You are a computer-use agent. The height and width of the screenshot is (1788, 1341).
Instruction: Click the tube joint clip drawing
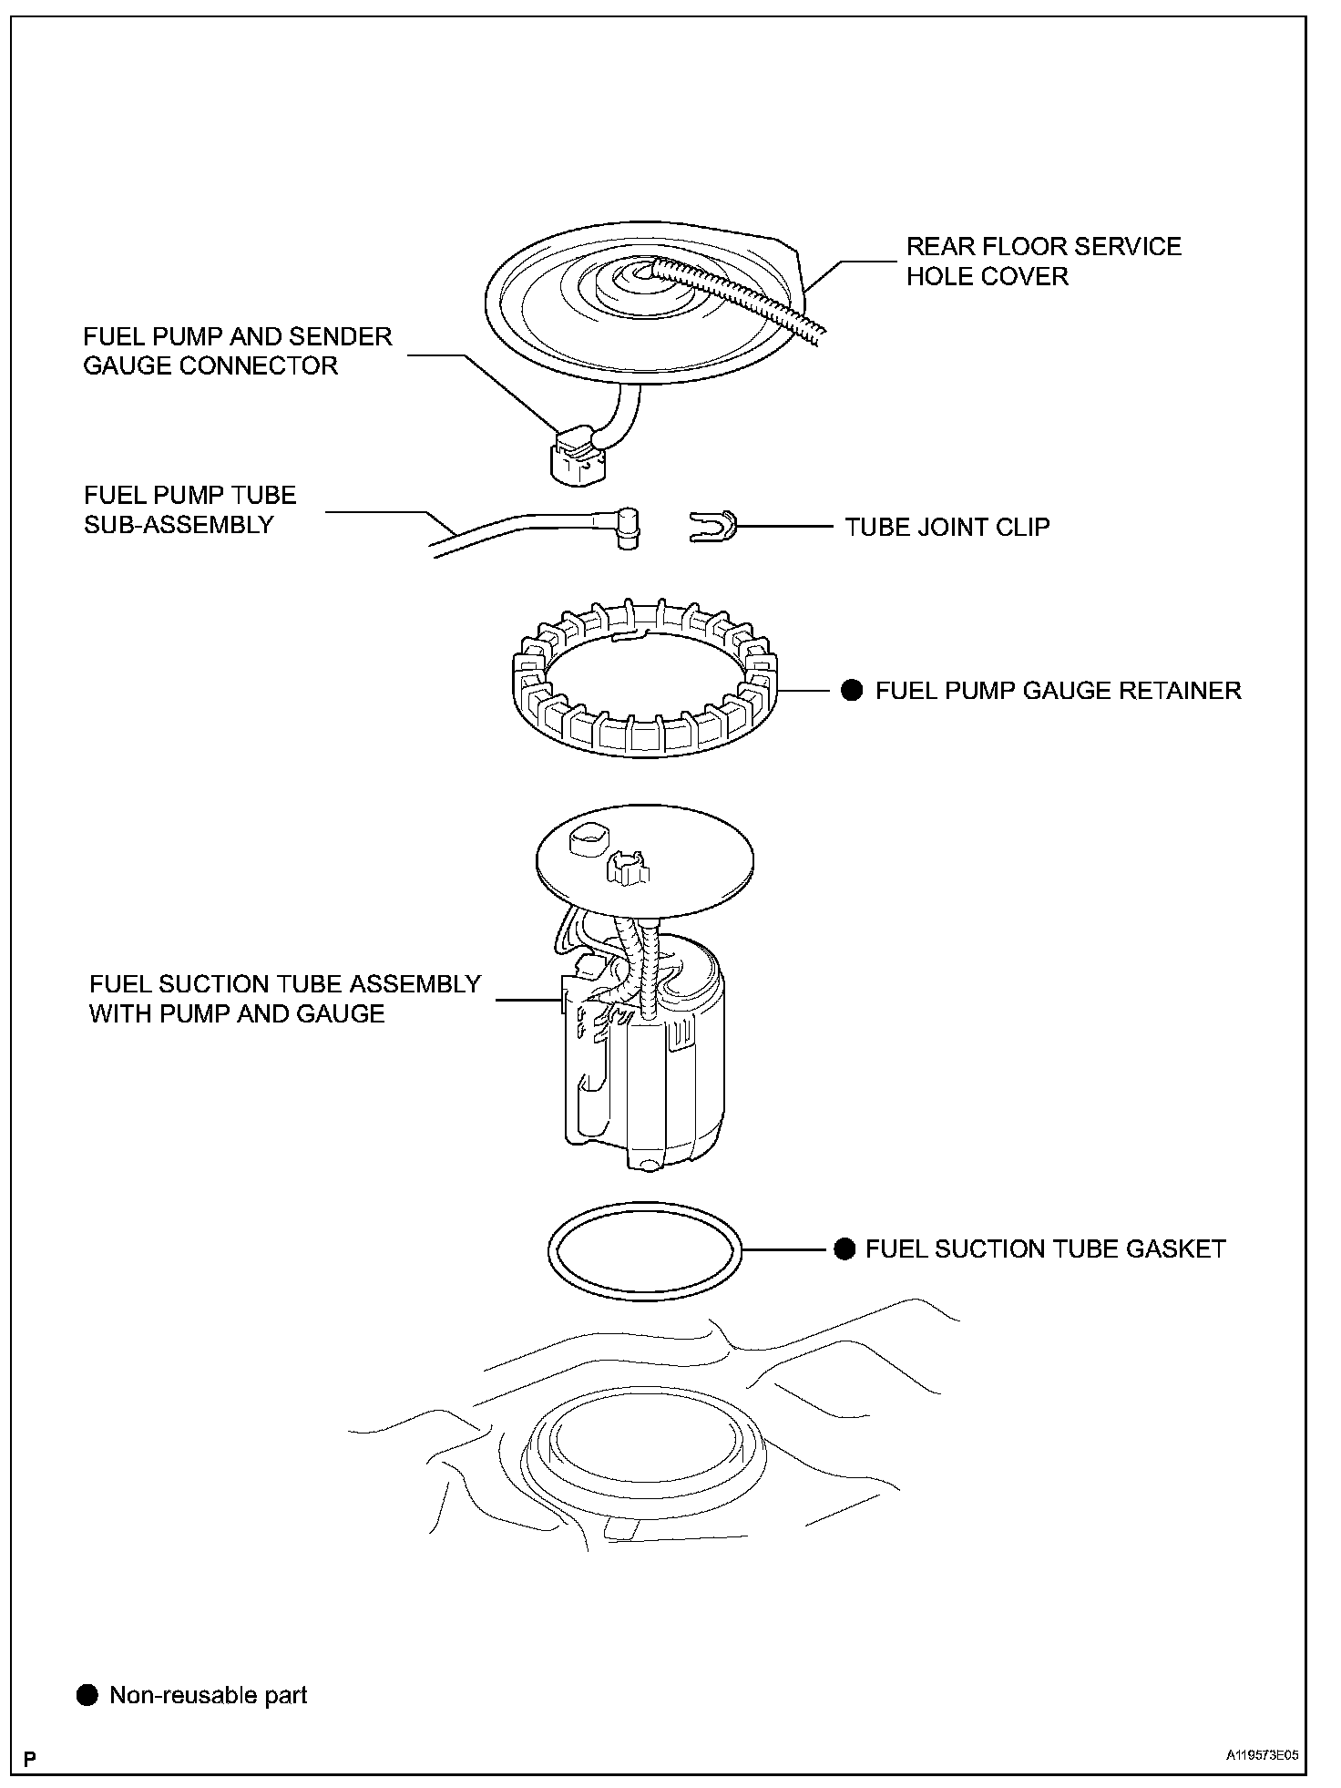(x=712, y=527)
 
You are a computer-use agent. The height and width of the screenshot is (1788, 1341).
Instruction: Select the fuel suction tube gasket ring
(x=646, y=1212)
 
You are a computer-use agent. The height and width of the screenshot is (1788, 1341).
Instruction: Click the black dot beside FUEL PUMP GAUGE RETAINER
(x=852, y=690)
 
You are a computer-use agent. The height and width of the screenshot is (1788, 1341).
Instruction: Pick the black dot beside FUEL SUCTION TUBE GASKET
(x=845, y=1249)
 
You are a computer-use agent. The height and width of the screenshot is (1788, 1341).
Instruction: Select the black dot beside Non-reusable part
(x=87, y=1695)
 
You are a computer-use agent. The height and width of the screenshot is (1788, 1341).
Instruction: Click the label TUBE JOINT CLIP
(x=947, y=528)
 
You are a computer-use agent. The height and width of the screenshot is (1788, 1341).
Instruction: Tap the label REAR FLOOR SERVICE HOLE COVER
(x=1043, y=262)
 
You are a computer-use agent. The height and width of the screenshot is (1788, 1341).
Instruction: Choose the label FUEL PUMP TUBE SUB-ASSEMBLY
(x=189, y=510)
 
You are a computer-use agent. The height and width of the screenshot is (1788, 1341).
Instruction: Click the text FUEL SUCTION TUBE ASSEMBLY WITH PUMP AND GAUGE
(x=284, y=999)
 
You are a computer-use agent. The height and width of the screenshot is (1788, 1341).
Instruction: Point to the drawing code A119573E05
(x=1261, y=1756)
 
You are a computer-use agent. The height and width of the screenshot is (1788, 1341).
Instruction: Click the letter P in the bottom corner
(x=30, y=1758)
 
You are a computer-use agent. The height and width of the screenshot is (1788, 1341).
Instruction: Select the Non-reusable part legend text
(x=209, y=1695)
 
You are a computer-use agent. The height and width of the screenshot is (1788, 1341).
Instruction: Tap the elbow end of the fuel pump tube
(x=627, y=527)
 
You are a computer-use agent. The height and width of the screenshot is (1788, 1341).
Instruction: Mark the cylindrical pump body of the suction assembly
(x=674, y=1075)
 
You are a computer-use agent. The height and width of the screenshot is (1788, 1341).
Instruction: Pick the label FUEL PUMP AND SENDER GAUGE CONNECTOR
(x=237, y=351)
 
